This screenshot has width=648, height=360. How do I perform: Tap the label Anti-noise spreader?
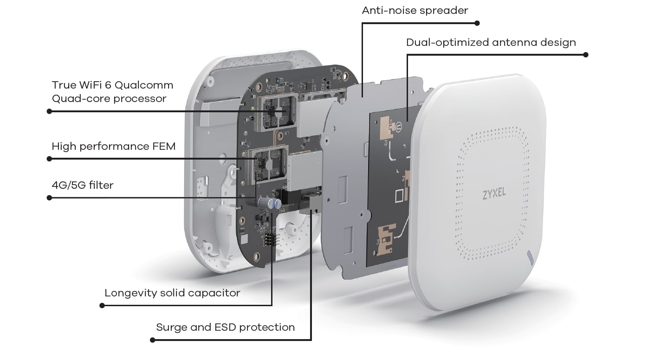tap(415, 10)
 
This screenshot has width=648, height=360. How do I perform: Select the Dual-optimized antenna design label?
tap(491, 42)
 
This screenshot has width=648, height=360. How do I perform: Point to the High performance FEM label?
tap(113, 147)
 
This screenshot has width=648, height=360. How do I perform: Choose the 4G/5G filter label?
tap(83, 186)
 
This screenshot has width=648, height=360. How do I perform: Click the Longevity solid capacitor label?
tap(172, 293)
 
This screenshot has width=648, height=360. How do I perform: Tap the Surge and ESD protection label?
tap(225, 327)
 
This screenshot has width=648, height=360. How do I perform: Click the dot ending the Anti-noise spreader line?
tap(477, 23)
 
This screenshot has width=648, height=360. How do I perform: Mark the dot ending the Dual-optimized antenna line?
tap(585, 55)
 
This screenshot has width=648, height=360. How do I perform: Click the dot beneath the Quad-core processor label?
tap(49, 111)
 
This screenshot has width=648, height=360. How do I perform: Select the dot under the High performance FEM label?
tap(49, 159)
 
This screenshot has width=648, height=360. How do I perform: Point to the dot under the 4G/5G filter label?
tap(49, 198)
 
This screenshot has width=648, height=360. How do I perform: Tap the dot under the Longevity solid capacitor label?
tap(102, 305)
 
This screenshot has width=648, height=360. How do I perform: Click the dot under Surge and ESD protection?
tap(153, 340)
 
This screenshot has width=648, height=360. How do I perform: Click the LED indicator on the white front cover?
tap(530, 257)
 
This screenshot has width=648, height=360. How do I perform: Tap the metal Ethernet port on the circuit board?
tap(310, 204)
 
